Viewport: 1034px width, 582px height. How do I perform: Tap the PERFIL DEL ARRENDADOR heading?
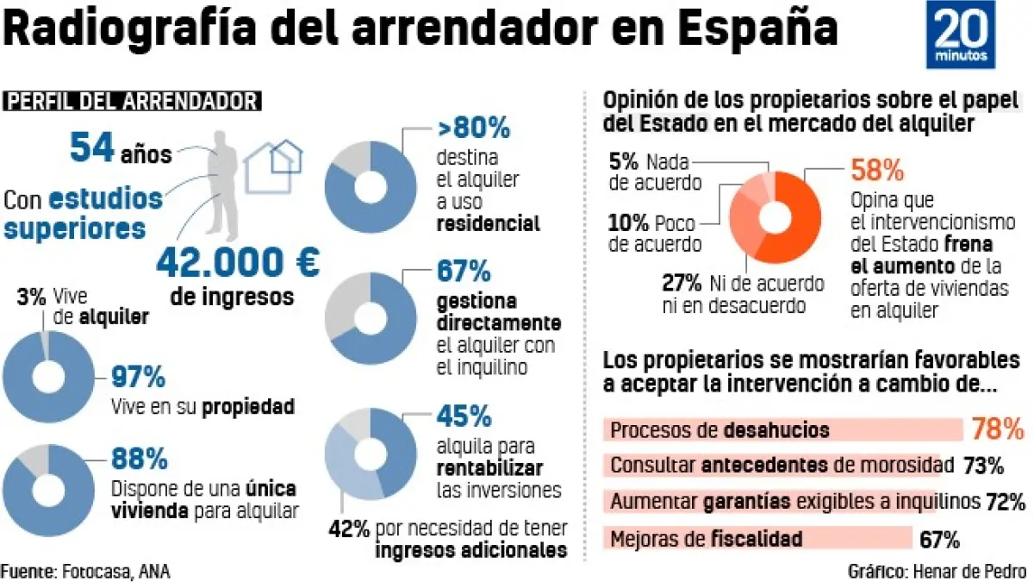tap(133, 101)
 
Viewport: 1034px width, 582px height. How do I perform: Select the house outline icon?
tap(273, 166)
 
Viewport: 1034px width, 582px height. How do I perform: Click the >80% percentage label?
tap(474, 129)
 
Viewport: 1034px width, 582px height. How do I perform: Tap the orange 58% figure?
tap(877, 171)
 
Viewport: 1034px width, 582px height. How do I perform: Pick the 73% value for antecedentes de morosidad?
tap(983, 466)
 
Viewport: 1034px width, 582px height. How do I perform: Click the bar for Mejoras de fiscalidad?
tap(758, 539)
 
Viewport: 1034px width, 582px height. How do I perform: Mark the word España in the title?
tap(758, 29)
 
